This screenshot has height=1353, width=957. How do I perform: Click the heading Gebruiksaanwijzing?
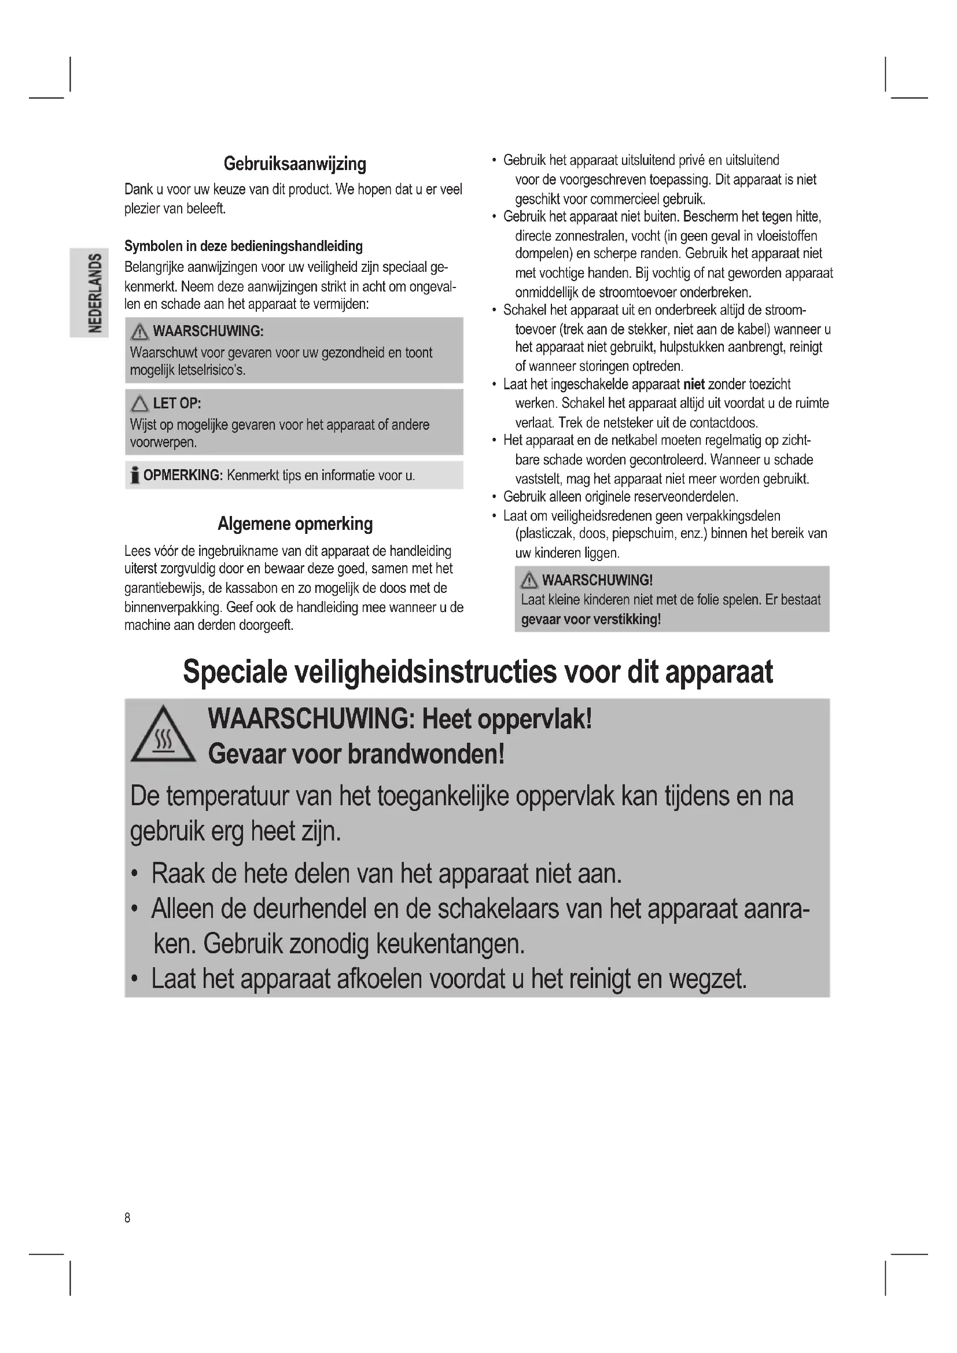click(295, 164)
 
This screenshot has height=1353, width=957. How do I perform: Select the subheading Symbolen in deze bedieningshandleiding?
click(244, 246)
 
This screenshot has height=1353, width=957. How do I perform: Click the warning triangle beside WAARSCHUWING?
click(139, 333)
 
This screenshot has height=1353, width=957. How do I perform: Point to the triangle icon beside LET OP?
click(139, 404)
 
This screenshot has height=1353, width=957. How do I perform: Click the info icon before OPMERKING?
click(135, 475)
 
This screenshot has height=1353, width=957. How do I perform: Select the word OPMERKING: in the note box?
click(183, 475)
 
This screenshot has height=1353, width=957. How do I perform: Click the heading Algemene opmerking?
click(295, 524)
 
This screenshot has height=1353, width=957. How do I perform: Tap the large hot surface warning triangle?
click(163, 736)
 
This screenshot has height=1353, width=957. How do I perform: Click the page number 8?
click(127, 1218)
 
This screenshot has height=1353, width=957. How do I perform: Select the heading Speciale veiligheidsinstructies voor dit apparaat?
click(477, 671)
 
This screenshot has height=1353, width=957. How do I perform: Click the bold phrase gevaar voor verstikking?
click(591, 620)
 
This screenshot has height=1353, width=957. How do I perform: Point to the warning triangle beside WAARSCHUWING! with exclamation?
click(529, 581)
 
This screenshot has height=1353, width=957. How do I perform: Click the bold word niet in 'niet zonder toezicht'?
click(694, 385)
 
